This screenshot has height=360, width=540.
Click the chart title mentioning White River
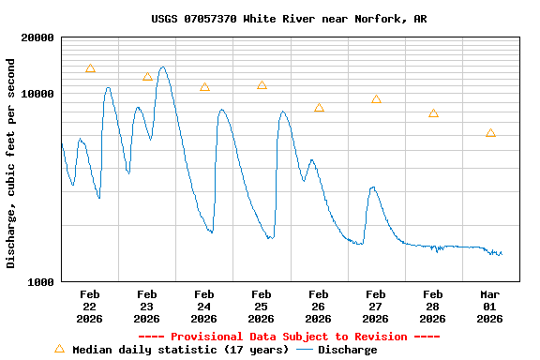(x=269, y=19)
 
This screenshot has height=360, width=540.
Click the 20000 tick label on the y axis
(x=37, y=37)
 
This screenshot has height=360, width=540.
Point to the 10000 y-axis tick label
(x=37, y=94)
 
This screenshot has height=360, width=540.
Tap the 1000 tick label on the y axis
(x=40, y=281)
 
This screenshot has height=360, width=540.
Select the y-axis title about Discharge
(x=11, y=163)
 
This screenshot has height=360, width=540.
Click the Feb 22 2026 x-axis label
(x=89, y=306)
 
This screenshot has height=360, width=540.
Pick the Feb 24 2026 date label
(x=203, y=306)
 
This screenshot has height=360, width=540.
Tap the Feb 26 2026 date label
(x=318, y=306)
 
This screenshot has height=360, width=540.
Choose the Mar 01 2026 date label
(x=489, y=306)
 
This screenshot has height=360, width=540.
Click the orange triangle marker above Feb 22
(x=90, y=68)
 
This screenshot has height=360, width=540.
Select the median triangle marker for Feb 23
(x=147, y=77)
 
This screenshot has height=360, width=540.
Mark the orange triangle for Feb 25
(x=262, y=85)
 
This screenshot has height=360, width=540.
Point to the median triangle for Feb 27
(x=376, y=99)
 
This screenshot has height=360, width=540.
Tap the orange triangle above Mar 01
(x=490, y=133)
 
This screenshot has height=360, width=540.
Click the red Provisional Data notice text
(x=289, y=337)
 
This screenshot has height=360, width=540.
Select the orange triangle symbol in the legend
(x=59, y=349)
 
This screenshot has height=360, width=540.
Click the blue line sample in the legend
(x=304, y=350)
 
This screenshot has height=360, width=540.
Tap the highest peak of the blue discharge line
(x=163, y=67)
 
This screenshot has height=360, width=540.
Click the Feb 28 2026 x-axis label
(x=432, y=306)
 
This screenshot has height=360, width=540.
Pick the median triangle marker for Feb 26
(x=319, y=108)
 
